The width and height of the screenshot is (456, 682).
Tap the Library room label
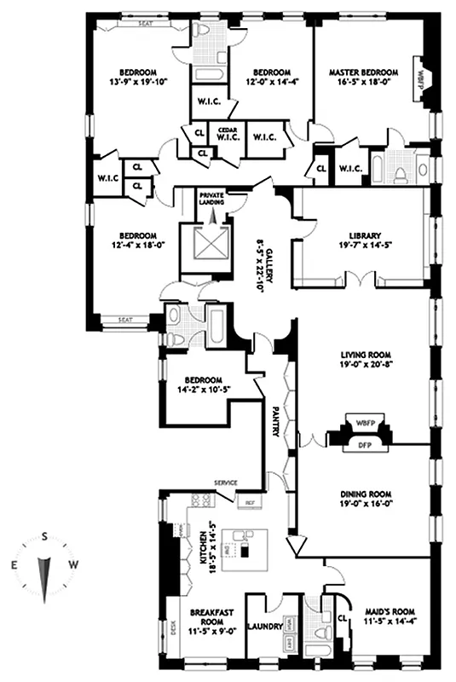click(x=364, y=236)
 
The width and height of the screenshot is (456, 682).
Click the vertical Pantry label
click(x=275, y=421)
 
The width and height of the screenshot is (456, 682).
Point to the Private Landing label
click(x=211, y=199)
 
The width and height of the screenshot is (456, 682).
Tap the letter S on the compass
click(x=45, y=538)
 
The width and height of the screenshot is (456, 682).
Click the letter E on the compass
click(x=14, y=564)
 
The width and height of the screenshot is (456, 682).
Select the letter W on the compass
click(x=75, y=564)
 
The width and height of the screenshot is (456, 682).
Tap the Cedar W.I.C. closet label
click(x=226, y=134)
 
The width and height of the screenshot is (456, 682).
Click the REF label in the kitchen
click(x=251, y=502)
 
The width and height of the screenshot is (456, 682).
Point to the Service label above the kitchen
click(x=226, y=483)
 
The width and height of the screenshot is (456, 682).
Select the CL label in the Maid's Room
click(x=343, y=618)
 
